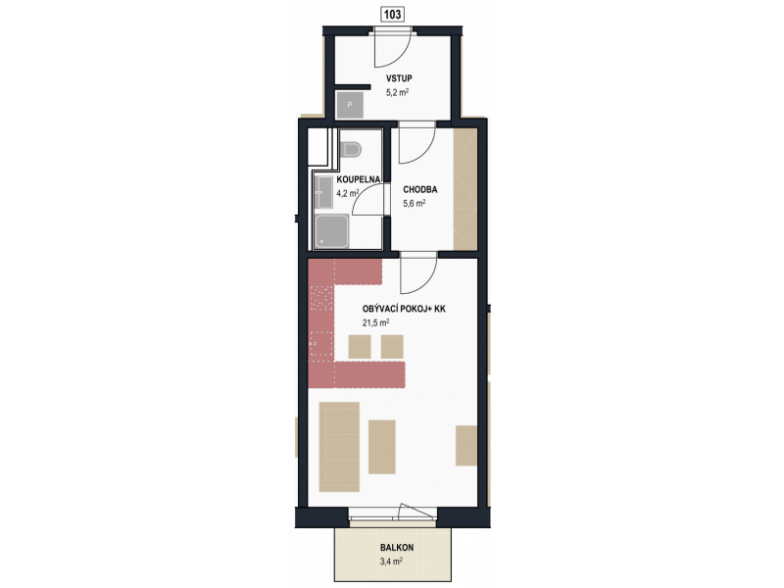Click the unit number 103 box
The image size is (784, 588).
coord(392,15)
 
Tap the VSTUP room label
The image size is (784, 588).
coord(399,78)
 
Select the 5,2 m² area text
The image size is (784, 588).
coord(397,92)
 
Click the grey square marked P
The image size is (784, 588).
coord(350,105)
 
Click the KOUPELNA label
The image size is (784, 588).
coord(359,179)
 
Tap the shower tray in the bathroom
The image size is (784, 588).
coord(331,231)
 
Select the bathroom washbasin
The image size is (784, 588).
coord(323,192)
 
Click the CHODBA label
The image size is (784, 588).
coord(420,189)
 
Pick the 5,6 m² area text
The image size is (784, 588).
coord(414,204)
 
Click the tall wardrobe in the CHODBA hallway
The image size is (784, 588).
coord(465,189)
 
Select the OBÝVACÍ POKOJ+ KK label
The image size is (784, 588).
coord(404,309)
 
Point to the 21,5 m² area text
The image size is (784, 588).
coord(375,323)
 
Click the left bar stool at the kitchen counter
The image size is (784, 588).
coord(360,347)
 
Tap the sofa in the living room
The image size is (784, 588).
coord(339,447)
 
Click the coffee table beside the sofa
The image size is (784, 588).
coord(382,447)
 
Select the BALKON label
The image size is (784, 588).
coord(397,547)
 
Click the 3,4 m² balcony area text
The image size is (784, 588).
coord(391,561)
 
